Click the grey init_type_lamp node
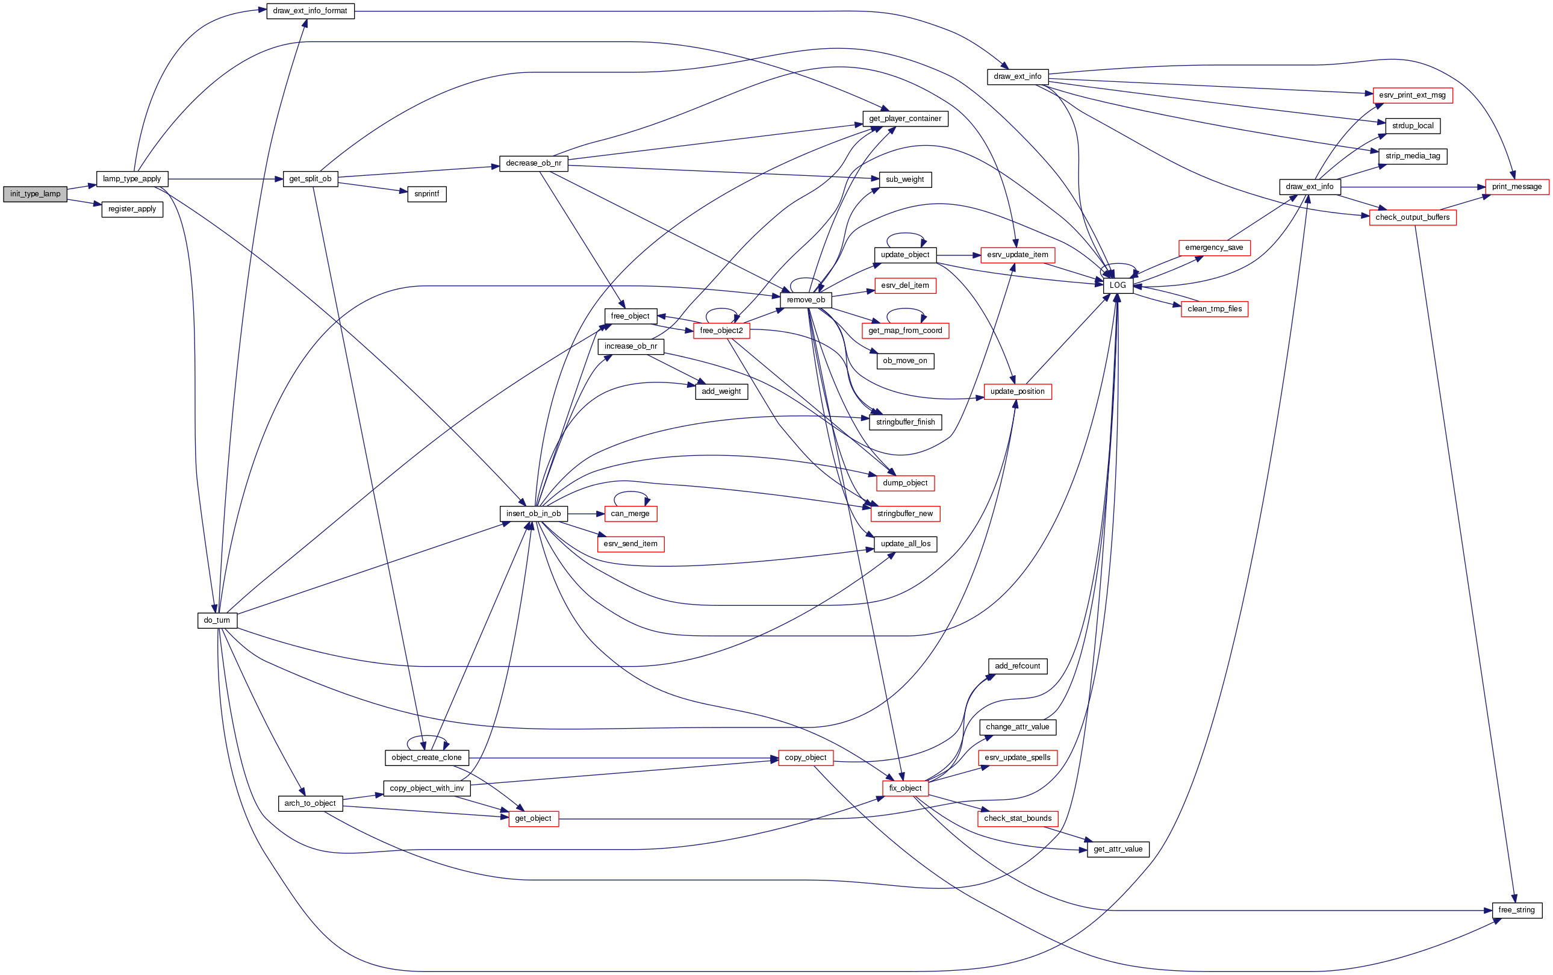tap(35, 194)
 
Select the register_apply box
tap(132, 210)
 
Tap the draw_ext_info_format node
tap(310, 11)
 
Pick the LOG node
tap(1117, 285)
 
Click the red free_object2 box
tap(721, 331)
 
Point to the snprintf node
tap(426, 194)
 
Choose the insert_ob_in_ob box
tap(533, 514)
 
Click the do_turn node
tap(217, 620)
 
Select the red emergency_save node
tap(1213, 248)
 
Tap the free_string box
tap(1516, 910)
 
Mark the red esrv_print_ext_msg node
tap(1412, 95)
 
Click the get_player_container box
tap(904, 119)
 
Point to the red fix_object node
tap(904, 788)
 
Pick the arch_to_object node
tap(310, 803)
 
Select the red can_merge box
tap(630, 514)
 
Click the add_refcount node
tap(1016, 666)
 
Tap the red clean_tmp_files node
tap(1214, 309)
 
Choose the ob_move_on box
tap(904, 361)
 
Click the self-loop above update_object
tap(905, 234)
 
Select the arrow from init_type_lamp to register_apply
tap(84, 202)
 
